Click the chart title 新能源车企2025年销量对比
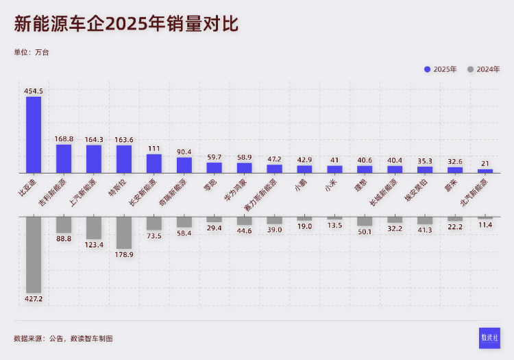pos(126,25)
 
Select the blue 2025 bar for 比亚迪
pos(34,134)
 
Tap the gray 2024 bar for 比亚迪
pos(34,254)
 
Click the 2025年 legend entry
pos(441,69)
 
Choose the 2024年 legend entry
pos(484,69)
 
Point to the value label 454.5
pos(34,91)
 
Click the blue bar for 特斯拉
pos(124,159)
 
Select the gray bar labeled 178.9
pos(124,232)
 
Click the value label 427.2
pos(34,299)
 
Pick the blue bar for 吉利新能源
pos(64,158)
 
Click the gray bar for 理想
pos(365,221)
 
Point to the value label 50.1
pos(365,232)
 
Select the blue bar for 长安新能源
pos(154,163)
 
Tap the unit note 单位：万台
pos(32,52)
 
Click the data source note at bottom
pos(63,338)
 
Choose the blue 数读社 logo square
pos(489,338)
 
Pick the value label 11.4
pos(485,224)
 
